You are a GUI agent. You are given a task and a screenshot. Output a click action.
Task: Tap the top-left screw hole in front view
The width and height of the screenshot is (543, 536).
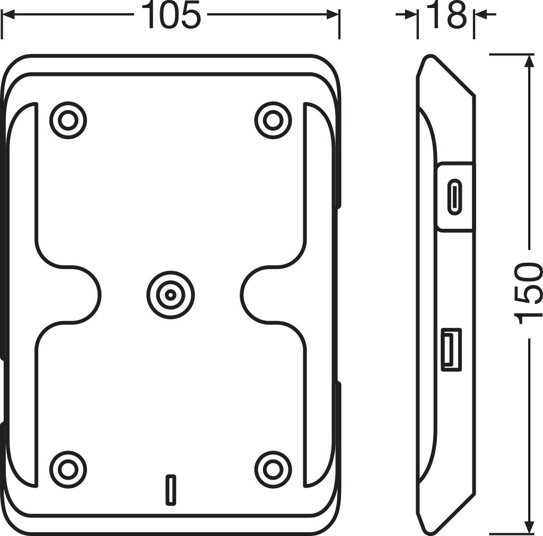[x=68, y=120]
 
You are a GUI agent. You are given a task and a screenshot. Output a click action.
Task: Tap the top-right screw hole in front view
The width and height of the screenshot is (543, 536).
[x=273, y=120]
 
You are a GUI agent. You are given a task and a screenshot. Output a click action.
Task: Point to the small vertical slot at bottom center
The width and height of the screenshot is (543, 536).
[x=170, y=489]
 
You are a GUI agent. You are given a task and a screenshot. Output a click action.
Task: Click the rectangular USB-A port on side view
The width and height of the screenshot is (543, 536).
[x=451, y=350]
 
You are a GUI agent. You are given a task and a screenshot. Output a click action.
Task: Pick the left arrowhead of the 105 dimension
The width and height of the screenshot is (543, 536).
[x=8, y=15]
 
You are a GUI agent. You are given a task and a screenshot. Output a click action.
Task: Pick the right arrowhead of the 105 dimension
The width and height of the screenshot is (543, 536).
[x=332, y=15]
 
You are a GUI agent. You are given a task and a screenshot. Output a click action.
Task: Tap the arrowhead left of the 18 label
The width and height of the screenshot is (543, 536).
[x=410, y=15]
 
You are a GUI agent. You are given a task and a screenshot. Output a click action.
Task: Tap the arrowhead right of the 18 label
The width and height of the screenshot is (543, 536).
[x=480, y=15]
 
